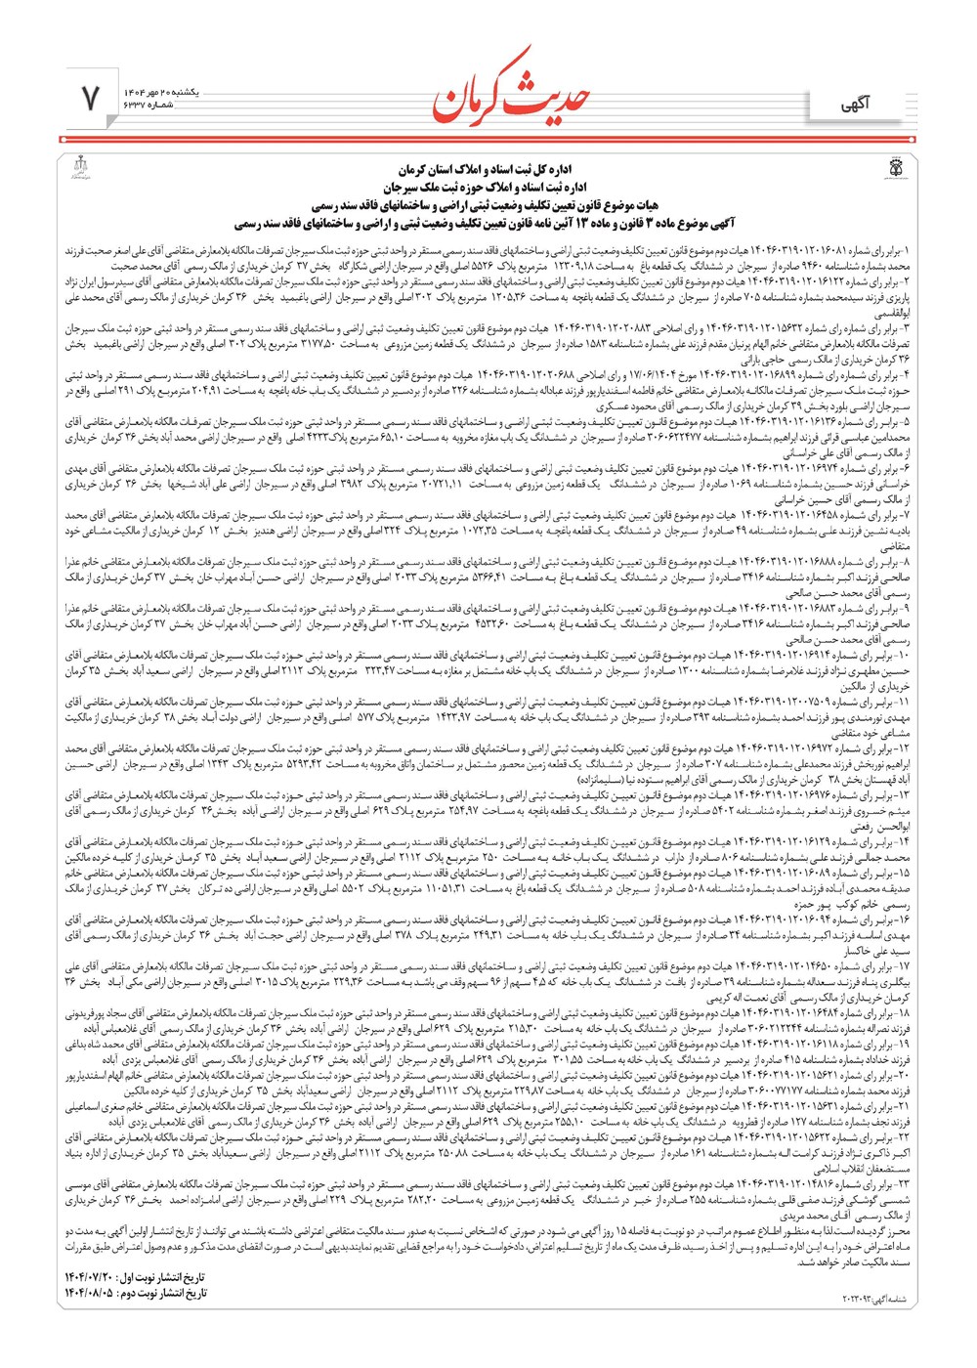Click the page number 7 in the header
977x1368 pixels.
click(91, 98)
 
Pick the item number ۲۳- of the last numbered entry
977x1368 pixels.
click(902, 1183)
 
